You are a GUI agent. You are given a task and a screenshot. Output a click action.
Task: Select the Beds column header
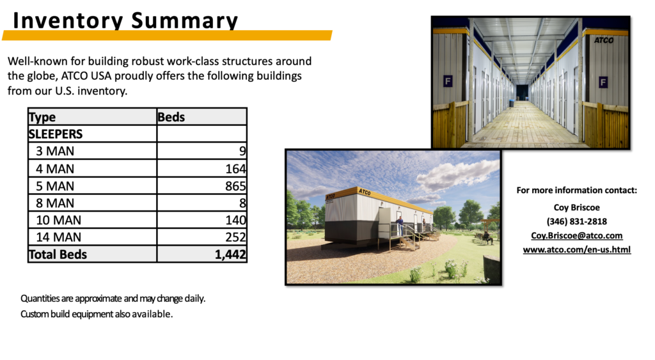[x=171, y=117]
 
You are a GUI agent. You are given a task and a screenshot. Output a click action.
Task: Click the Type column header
[x=42, y=118]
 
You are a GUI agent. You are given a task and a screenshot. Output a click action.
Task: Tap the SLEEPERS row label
[x=56, y=134]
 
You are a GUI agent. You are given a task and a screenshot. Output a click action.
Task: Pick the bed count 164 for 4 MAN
[x=235, y=169]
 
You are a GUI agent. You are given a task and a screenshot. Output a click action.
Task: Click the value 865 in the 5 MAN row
[x=235, y=186]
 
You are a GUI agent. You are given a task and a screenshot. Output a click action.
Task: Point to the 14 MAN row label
[x=58, y=237]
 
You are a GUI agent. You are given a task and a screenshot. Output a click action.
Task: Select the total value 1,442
[x=230, y=254]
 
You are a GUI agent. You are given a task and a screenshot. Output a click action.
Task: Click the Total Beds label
[x=58, y=254]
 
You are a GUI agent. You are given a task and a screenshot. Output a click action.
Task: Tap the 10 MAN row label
[x=58, y=220]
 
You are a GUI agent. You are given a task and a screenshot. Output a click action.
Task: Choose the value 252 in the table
[x=235, y=237]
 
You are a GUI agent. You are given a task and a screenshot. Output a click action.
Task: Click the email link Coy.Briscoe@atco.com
[x=576, y=235]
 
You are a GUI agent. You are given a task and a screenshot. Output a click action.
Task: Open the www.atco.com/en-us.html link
[x=577, y=250]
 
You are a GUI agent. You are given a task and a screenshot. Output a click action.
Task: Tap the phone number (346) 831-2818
[x=577, y=221]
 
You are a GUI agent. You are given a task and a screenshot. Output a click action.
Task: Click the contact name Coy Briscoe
[x=577, y=207]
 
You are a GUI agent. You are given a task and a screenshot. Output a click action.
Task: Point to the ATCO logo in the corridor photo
[x=604, y=40]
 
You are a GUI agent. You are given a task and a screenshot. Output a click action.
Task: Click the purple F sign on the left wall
[x=448, y=81]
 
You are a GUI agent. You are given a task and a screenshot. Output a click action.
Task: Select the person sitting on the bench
[x=487, y=237]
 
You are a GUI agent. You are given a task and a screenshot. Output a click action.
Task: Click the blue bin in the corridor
[x=512, y=103]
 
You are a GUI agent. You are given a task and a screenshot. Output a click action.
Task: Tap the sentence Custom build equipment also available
[x=97, y=314]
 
